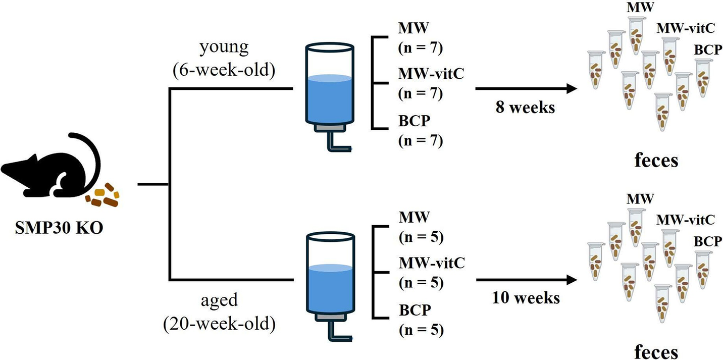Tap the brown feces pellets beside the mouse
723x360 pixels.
coord(105,197)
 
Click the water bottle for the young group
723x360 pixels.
coord(329,86)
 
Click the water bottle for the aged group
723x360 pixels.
coord(329,275)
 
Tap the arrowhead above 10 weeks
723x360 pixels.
coord(572,279)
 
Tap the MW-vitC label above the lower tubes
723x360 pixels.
coord(684,219)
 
